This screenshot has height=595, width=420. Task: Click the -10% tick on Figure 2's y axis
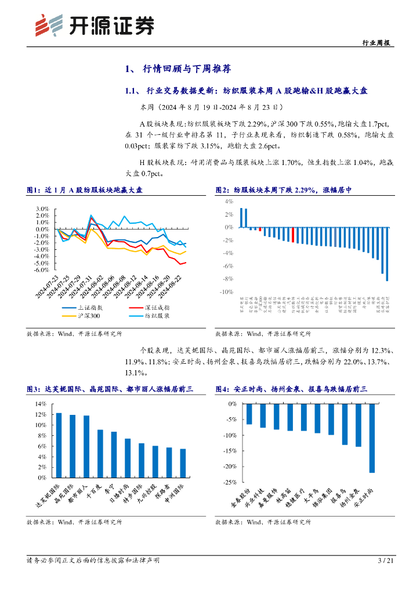pyautogui.click(x=225, y=292)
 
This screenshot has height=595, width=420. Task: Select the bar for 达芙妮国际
pyautogui.click(x=59, y=445)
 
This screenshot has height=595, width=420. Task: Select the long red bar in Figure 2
pyautogui.click(x=294, y=235)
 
